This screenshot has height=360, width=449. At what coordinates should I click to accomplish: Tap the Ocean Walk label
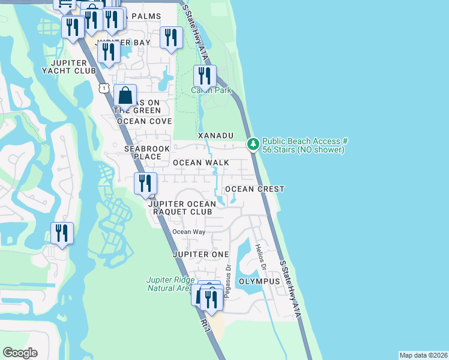tap(201, 163)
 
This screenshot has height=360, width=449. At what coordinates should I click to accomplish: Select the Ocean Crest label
tap(255, 189)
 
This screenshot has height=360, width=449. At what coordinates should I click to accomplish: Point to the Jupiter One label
tap(200, 254)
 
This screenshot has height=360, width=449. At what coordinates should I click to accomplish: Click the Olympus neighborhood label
tap(259, 281)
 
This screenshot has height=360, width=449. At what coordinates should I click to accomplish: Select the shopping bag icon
tap(125, 96)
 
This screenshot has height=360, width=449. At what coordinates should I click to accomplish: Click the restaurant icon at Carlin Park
tap(205, 77)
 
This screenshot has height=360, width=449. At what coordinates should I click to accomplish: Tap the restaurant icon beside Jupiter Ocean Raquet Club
tap(145, 184)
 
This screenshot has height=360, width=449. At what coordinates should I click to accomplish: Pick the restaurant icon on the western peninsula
tap(62, 233)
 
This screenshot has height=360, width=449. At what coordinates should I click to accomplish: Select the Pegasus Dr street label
tap(228, 271)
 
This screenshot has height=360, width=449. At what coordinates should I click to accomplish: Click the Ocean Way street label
tap(189, 232)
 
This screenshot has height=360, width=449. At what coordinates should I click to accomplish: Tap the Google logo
tap(20, 353)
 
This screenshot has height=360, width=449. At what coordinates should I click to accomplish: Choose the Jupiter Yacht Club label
tap(69, 67)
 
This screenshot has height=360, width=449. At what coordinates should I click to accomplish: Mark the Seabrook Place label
tap(143, 152)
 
